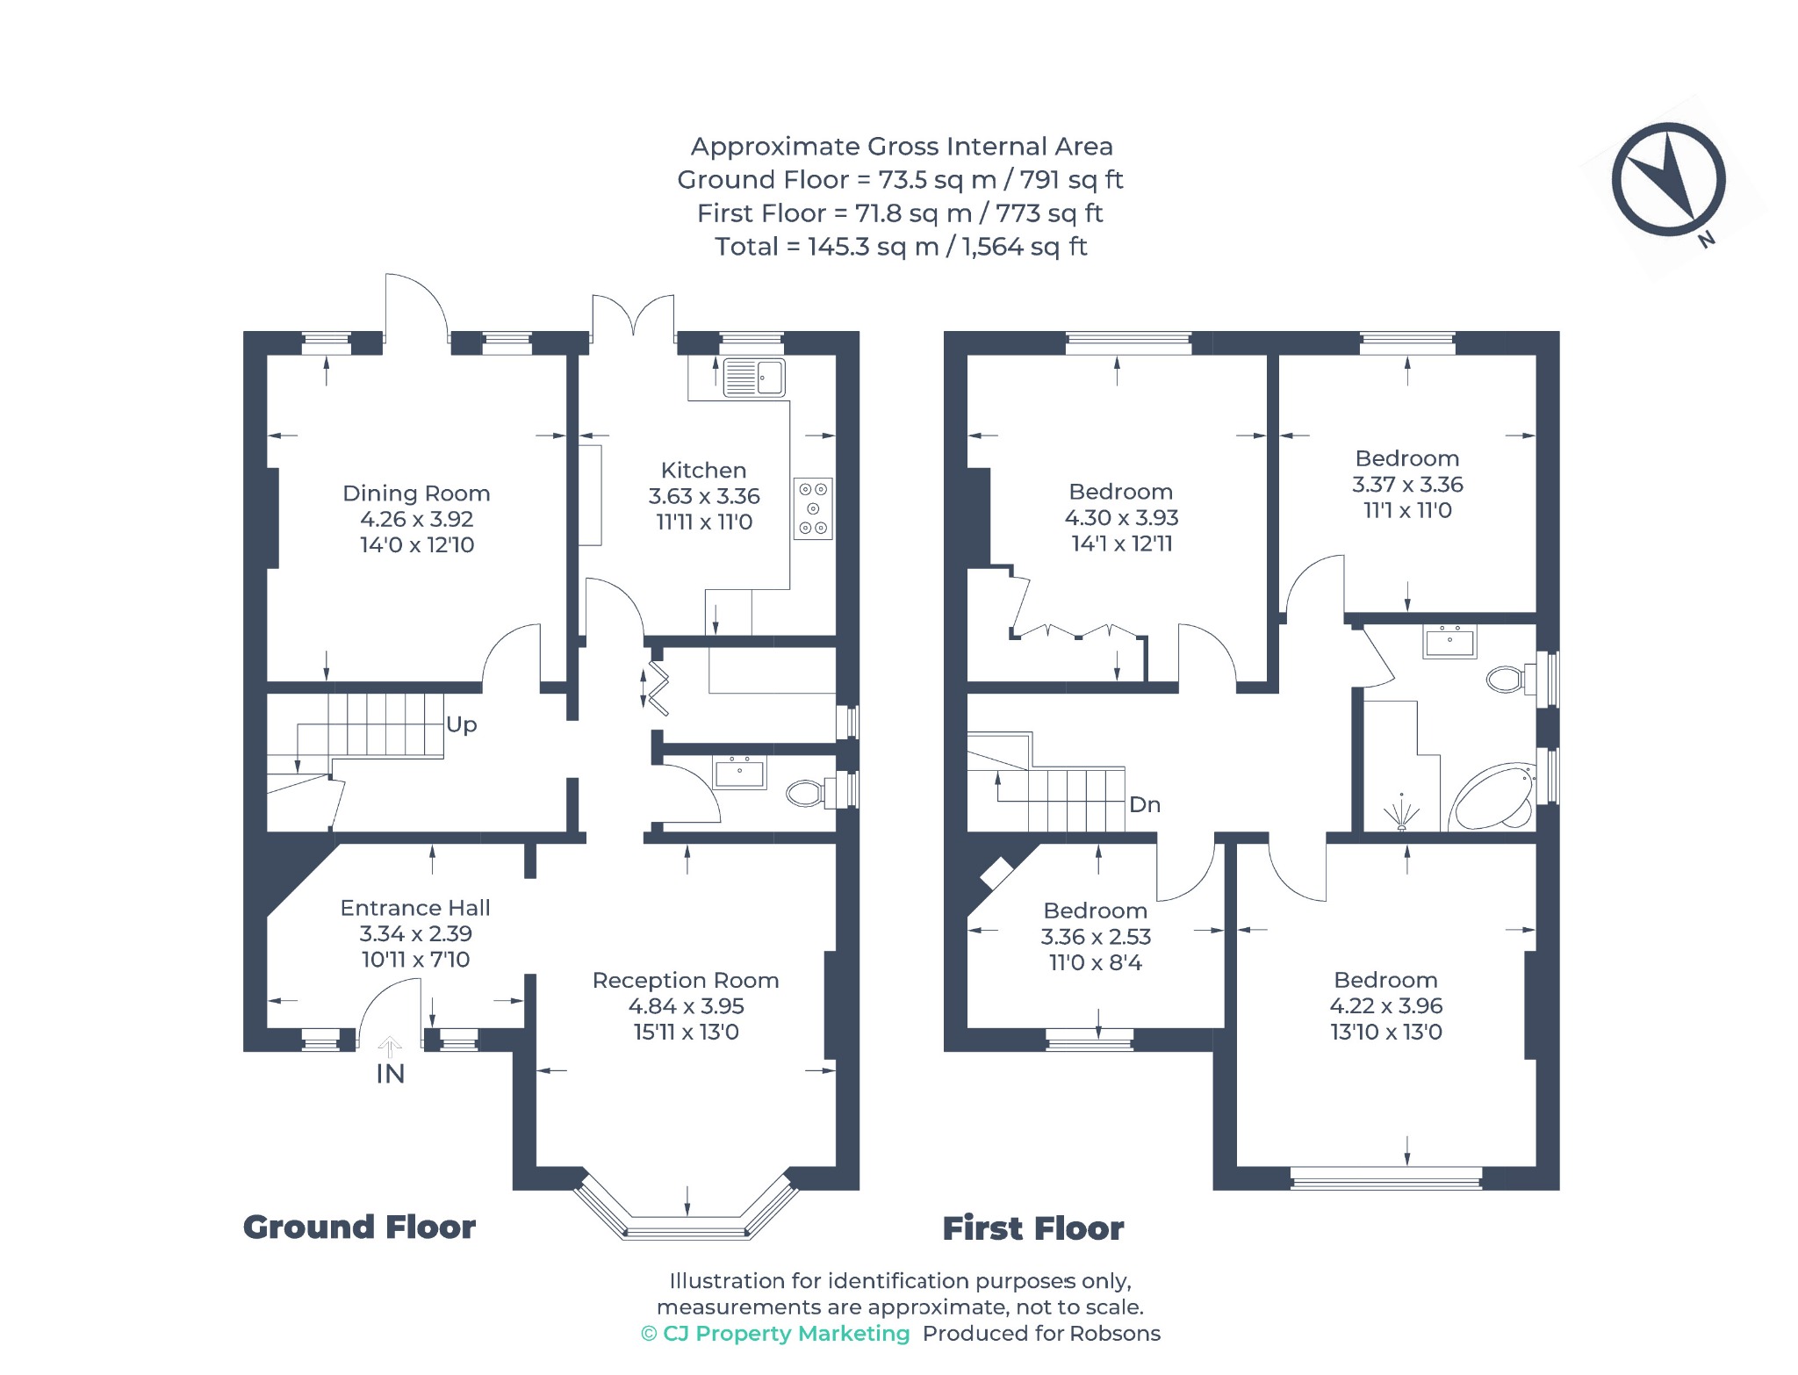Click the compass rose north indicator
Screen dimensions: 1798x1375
coord(1668,180)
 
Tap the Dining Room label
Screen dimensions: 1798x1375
coord(416,493)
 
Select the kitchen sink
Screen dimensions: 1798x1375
coord(754,378)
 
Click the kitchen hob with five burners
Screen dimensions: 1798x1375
coord(813,508)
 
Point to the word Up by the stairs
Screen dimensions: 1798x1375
coord(462,725)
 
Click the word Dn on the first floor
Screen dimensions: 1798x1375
coord(1145,804)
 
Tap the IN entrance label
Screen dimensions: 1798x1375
coord(391,1074)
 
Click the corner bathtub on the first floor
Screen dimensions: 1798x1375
coord(1492,796)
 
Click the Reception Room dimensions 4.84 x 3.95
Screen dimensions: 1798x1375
coord(687,1006)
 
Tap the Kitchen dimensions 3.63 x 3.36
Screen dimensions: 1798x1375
coord(704,496)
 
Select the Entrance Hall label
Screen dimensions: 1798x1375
coord(415,908)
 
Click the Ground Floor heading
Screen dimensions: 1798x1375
coord(359,1227)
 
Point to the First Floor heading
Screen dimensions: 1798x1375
coord(1033,1228)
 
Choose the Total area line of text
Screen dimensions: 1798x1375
coord(901,247)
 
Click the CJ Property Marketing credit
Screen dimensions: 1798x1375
coord(776,1334)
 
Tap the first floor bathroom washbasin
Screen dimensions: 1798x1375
coord(1449,641)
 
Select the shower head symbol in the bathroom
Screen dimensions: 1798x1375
coord(1402,813)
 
